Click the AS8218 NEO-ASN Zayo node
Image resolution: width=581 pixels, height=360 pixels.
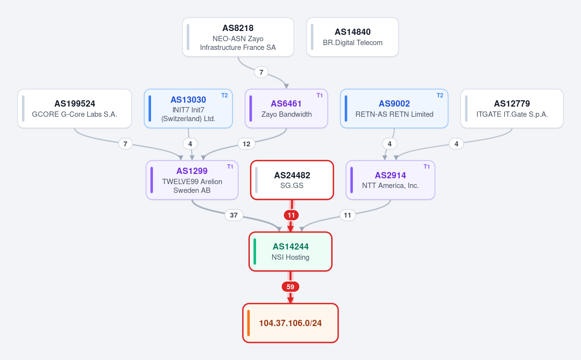(238, 37)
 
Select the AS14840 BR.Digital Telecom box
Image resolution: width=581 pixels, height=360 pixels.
(352, 37)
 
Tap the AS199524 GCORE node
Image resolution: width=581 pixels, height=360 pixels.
(75, 109)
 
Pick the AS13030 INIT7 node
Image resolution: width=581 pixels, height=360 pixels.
(188, 109)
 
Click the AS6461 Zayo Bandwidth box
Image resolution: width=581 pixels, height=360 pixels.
(286, 109)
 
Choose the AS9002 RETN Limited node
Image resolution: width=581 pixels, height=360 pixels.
(394, 109)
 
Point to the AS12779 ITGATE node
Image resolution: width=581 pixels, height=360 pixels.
(512, 109)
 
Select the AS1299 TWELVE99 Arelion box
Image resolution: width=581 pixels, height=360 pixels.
(192, 180)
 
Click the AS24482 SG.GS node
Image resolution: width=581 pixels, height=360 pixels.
(292, 180)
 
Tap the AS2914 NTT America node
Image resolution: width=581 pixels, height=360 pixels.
(390, 180)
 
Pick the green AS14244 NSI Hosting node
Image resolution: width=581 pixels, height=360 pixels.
(290, 251)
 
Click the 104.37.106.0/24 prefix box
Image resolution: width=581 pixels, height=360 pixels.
(290, 323)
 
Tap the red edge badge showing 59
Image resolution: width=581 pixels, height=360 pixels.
(290, 287)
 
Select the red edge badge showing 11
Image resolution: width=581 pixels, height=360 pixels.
(291, 215)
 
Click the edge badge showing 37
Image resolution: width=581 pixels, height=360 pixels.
(234, 215)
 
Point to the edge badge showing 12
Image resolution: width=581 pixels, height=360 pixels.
(246, 144)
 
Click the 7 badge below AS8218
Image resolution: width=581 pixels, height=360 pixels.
(261, 72)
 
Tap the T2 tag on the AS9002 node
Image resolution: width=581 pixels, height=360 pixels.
(440, 95)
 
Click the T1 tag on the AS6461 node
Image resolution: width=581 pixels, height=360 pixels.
(320, 95)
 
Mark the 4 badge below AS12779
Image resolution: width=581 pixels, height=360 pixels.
(457, 144)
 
